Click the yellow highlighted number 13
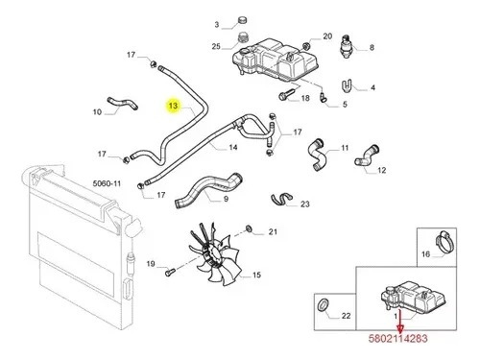tap(173, 106)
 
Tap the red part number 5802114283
tap(397, 338)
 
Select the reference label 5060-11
tap(107, 183)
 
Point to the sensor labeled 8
tap(347, 46)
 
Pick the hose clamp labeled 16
tap(444, 242)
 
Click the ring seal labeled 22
tap(323, 303)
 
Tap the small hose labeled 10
tap(123, 104)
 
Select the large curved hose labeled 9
tap(208, 189)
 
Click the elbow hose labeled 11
tap(316, 155)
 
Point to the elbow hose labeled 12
tap(367, 156)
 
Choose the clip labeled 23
tap(281, 199)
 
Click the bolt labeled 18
tap(287, 94)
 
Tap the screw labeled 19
tap(169, 273)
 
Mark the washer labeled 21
tap(250, 228)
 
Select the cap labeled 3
tap(243, 21)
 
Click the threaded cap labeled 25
tap(244, 38)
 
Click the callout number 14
tap(233, 147)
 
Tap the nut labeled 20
tap(306, 45)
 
